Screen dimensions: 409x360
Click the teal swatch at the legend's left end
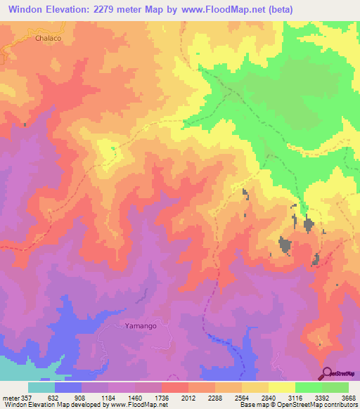[x=41, y=387]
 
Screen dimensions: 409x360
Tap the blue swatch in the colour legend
[x=68, y=387]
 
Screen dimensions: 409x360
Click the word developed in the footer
[x=84, y=405]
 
